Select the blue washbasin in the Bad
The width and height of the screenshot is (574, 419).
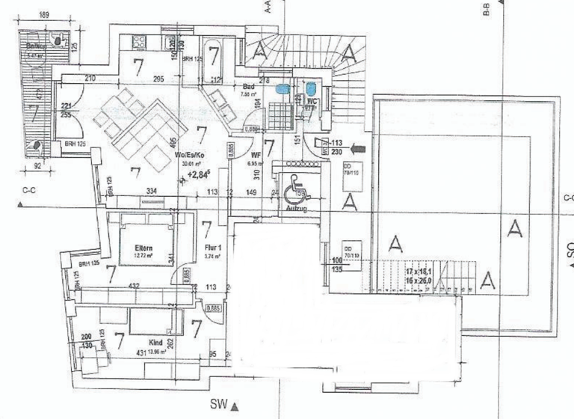[x=281, y=89]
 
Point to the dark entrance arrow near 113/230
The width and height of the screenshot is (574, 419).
[x=357, y=148]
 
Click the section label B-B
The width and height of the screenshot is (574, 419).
[x=486, y=10]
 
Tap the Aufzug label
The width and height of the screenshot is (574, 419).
[x=297, y=210]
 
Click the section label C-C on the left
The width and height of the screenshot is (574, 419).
[x=29, y=191]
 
